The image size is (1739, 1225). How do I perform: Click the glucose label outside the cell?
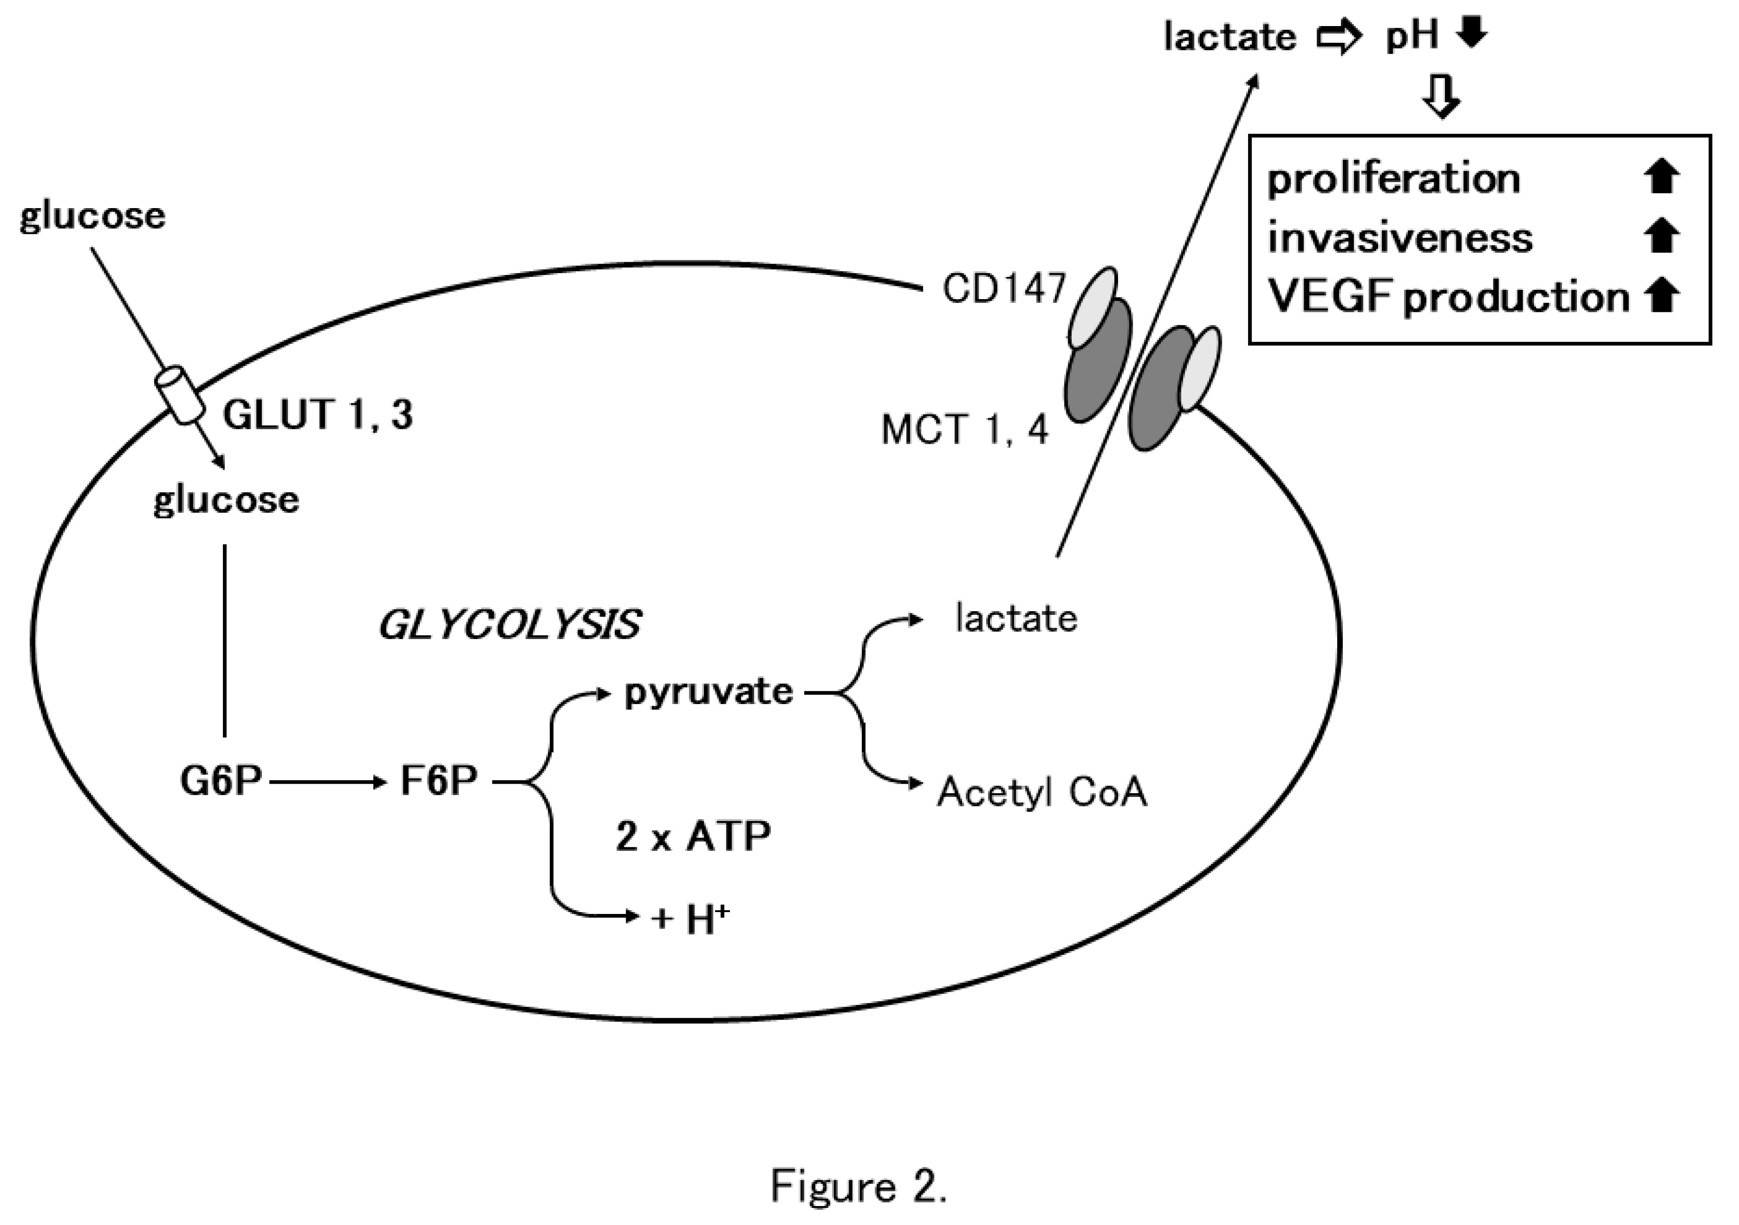[92, 217]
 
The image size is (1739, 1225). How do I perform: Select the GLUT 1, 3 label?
[318, 415]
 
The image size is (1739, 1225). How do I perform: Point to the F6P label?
[438, 781]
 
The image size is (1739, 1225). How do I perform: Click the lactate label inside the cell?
[1016, 619]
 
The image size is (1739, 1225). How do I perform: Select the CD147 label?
[1004, 288]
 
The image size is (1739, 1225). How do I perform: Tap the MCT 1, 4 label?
[965, 430]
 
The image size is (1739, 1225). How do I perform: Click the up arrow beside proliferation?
[1662, 178]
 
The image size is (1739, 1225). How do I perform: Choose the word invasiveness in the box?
[1400, 238]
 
